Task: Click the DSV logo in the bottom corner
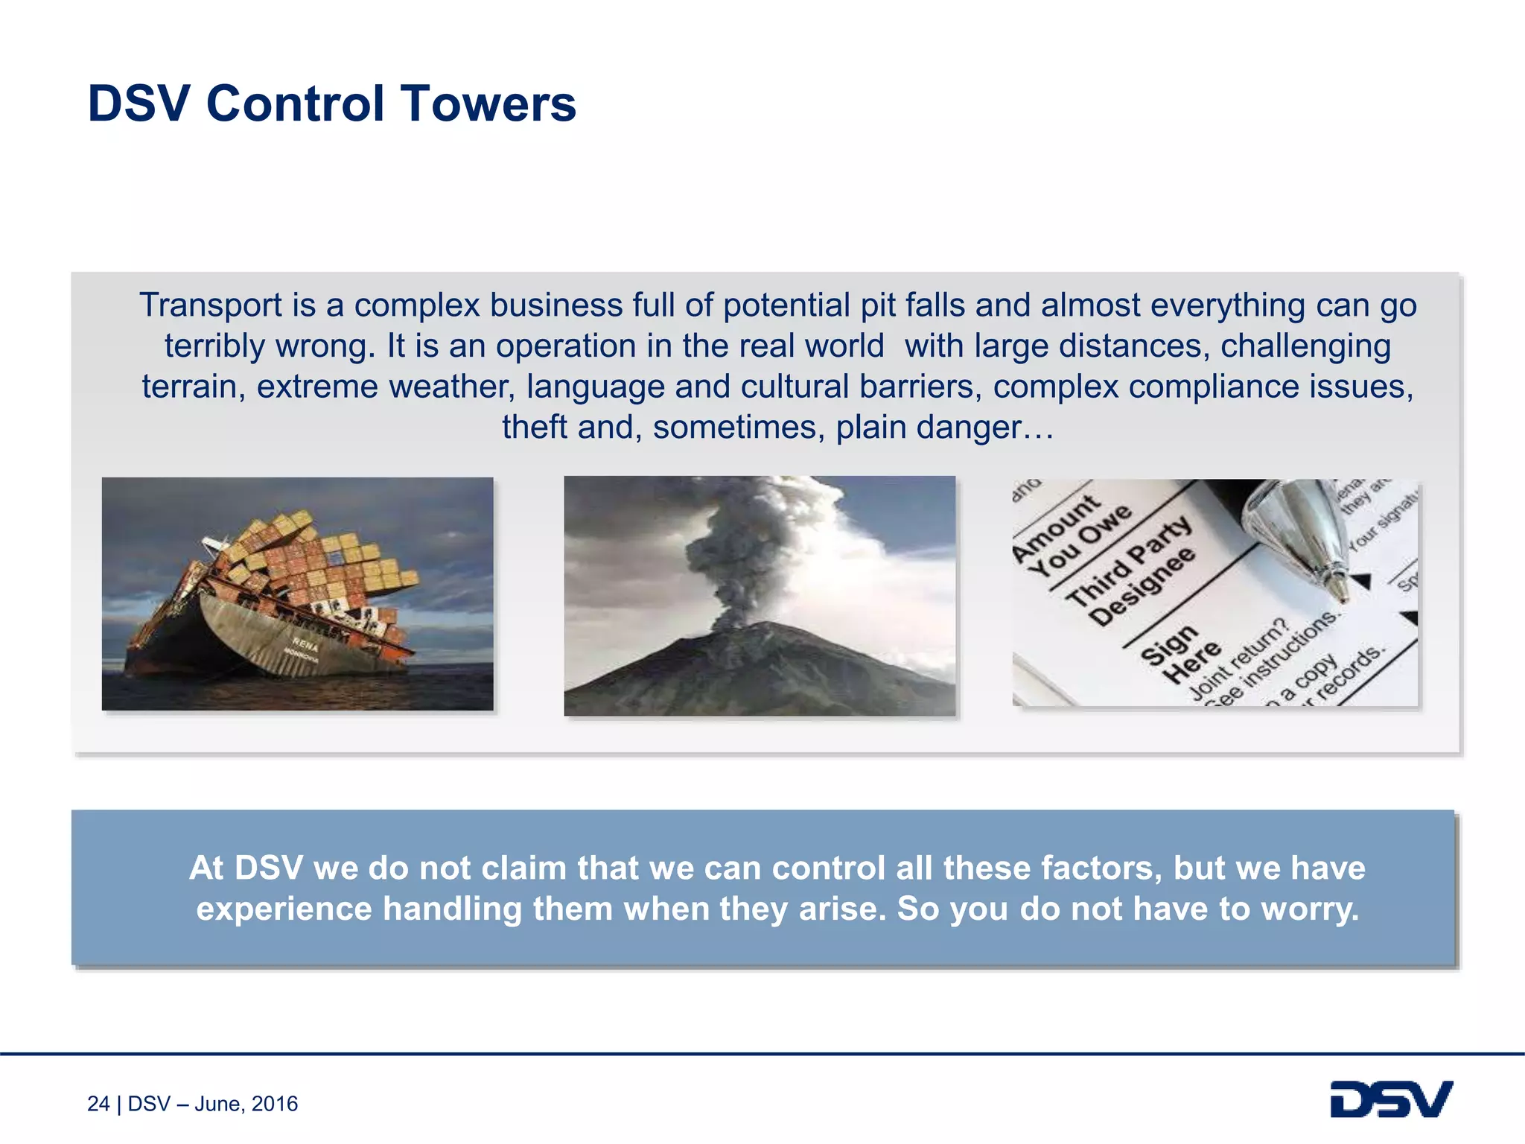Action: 1391,1099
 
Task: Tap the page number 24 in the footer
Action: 98,1104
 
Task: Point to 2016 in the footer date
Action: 275,1104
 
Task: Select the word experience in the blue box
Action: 284,909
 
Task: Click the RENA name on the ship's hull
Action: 305,644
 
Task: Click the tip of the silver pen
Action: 1340,596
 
